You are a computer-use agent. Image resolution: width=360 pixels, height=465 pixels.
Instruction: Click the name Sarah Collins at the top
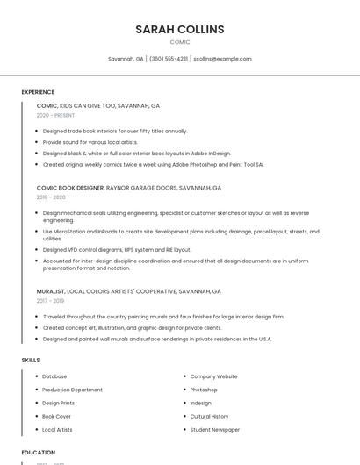tap(180, 29)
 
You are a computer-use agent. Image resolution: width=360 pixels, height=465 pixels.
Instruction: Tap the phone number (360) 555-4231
tap(169, 59)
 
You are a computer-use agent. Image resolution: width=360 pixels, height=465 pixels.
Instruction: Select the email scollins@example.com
tap(222, 59)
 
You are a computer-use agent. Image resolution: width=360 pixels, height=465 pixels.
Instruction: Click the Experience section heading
tap(38, 92)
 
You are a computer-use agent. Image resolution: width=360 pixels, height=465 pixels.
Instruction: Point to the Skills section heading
tap(31, 360)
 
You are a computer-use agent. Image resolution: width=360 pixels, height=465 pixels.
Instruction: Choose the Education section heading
tap(39, 453)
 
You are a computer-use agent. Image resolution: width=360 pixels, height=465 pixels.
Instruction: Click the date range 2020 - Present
tap(55, 115)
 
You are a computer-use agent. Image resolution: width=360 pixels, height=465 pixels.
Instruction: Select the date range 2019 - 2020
tap(50, 197)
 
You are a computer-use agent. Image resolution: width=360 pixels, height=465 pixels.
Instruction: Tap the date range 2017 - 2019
tap(50, 301)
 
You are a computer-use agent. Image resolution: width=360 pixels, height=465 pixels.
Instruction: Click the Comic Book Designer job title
tap(70, 188)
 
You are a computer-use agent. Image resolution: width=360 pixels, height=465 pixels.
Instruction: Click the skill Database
tap(54, 376)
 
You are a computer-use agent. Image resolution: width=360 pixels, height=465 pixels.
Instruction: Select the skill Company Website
tap(213, 376)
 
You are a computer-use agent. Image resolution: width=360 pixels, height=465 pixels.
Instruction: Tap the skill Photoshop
tap(204, 390)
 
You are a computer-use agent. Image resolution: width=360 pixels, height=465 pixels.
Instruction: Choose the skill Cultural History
tap(209, 416)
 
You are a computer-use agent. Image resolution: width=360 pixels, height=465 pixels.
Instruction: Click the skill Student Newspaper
tap(214, 430)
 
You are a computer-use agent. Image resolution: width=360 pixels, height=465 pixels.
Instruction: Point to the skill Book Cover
tap(56, 416)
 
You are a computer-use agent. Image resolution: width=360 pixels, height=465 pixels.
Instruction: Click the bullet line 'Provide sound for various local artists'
tap(90, 141)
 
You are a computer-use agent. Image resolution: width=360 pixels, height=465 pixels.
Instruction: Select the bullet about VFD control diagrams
tap(116, 249)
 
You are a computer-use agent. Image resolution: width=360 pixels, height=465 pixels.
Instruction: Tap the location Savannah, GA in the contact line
tap(126, 59)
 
